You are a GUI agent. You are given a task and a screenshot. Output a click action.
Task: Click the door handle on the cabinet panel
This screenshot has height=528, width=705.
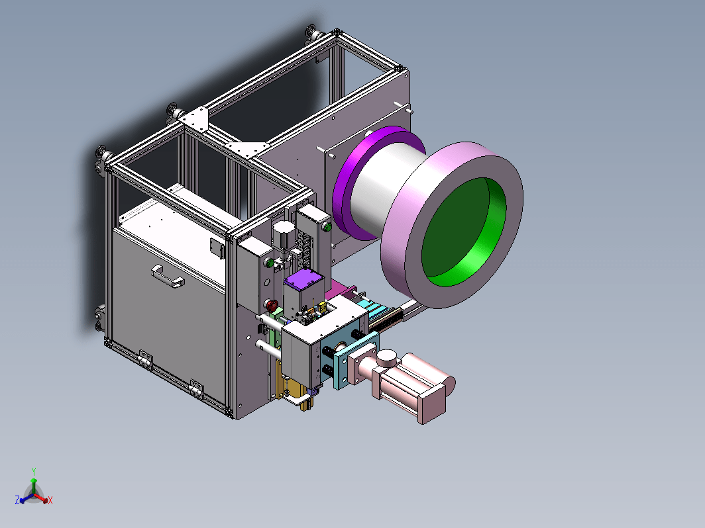pyautogui.click(x=168, y=277)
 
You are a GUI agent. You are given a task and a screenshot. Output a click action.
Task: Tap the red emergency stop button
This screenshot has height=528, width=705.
pyautogui.click(x=272, y=306)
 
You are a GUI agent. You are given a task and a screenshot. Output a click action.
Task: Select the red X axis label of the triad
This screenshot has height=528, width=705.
pyautogui.click(x=50, y=500)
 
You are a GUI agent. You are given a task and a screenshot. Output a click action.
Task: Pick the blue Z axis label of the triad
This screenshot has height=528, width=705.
pyautogui.click(x=17, y=500)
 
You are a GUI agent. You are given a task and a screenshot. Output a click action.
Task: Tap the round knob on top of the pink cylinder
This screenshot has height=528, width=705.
pyautogui.click(x=386, y=359)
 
